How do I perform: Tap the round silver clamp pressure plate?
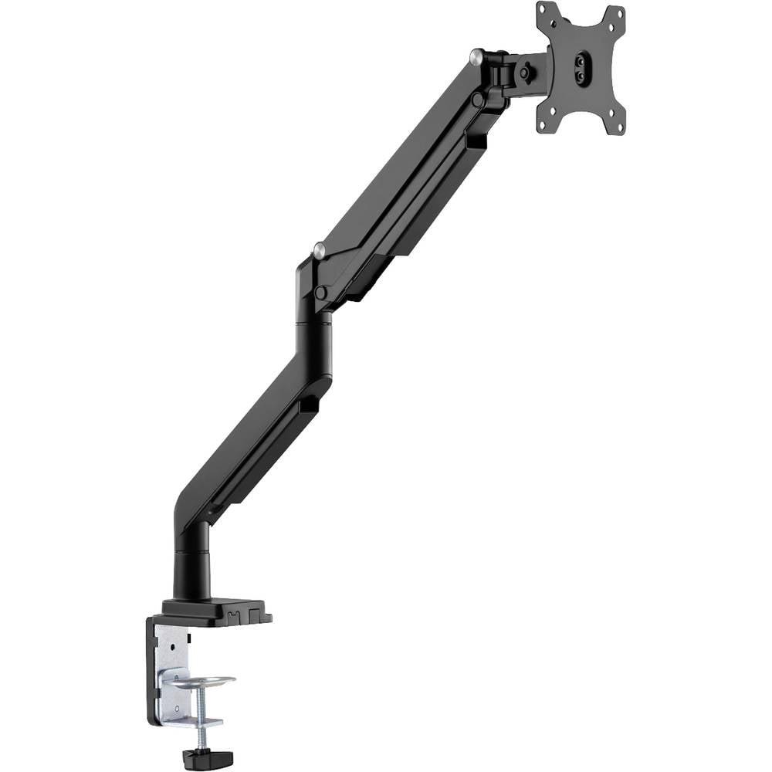(x=202, y=682)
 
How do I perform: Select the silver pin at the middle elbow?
(x=319, y=249)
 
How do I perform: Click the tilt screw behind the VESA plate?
(x=526, y=73)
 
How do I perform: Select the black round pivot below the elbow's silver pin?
(x=320, y=293)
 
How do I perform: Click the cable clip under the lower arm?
(x=306, y=405)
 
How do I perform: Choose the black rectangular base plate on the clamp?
(x=216, y=610)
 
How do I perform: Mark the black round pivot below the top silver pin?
(x=479, y=99)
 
